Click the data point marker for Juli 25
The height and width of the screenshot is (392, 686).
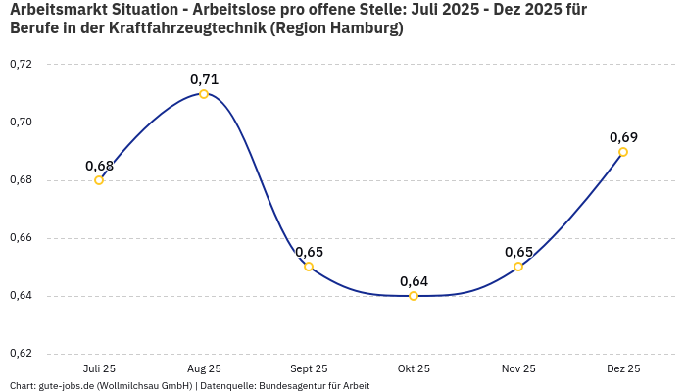pyautogui.click(x=99, y=180)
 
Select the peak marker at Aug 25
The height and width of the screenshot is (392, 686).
pyautogui.click(x=204, y=94)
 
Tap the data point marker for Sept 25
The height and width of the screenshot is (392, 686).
pyautogui.click(x=309, y=267)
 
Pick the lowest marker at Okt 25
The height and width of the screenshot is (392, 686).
pyautogui.click(x=414, y=296)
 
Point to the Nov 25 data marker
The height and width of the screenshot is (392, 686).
pyautogui.click(x=518, y=267)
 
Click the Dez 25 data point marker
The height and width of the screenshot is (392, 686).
pyautogui.click(x=623, y=152)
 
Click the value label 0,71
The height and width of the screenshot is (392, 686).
pyautogui.click(x=204, y=79)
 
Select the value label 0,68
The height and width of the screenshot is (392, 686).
pyautogui.click(x=99, y=166)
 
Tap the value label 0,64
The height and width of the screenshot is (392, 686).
pyautogui.click(x=414, y=281)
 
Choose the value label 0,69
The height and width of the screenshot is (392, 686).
pyautogui.click(x=623, y=137)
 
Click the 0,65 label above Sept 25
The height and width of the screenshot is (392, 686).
pyautogui.click(x=309, y=252)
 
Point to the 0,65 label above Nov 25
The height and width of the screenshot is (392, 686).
pyautogui.click(x=518, y=252)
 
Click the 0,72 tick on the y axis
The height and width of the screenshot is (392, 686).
pyautogui.click(x=21, y=65)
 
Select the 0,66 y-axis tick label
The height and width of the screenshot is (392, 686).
pyautogui.click(x=21, y=238)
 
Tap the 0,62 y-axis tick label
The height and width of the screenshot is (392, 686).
pyautogui.click(x=21, y=354)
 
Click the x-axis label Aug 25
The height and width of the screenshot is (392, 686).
pyautogui.click(x=204, y=368)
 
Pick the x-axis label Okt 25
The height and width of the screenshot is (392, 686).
pyautogui.click(x=414, y=368)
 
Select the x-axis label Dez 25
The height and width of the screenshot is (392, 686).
pyautogui.click(x=623, y=368)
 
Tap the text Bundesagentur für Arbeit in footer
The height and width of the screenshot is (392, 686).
pyautogui.click(x=314, y=386)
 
